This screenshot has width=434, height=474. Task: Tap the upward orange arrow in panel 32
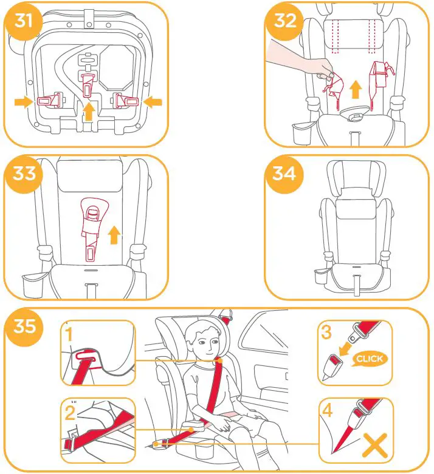tap(356, 90)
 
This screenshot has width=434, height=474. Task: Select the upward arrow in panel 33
tap(112, 234)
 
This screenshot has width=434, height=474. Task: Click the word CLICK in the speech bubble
tap(370, 359)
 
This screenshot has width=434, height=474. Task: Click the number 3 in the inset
tap(328, 333)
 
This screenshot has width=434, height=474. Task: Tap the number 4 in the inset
tap(328, 411)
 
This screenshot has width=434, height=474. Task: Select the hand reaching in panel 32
tap(298, 64)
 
